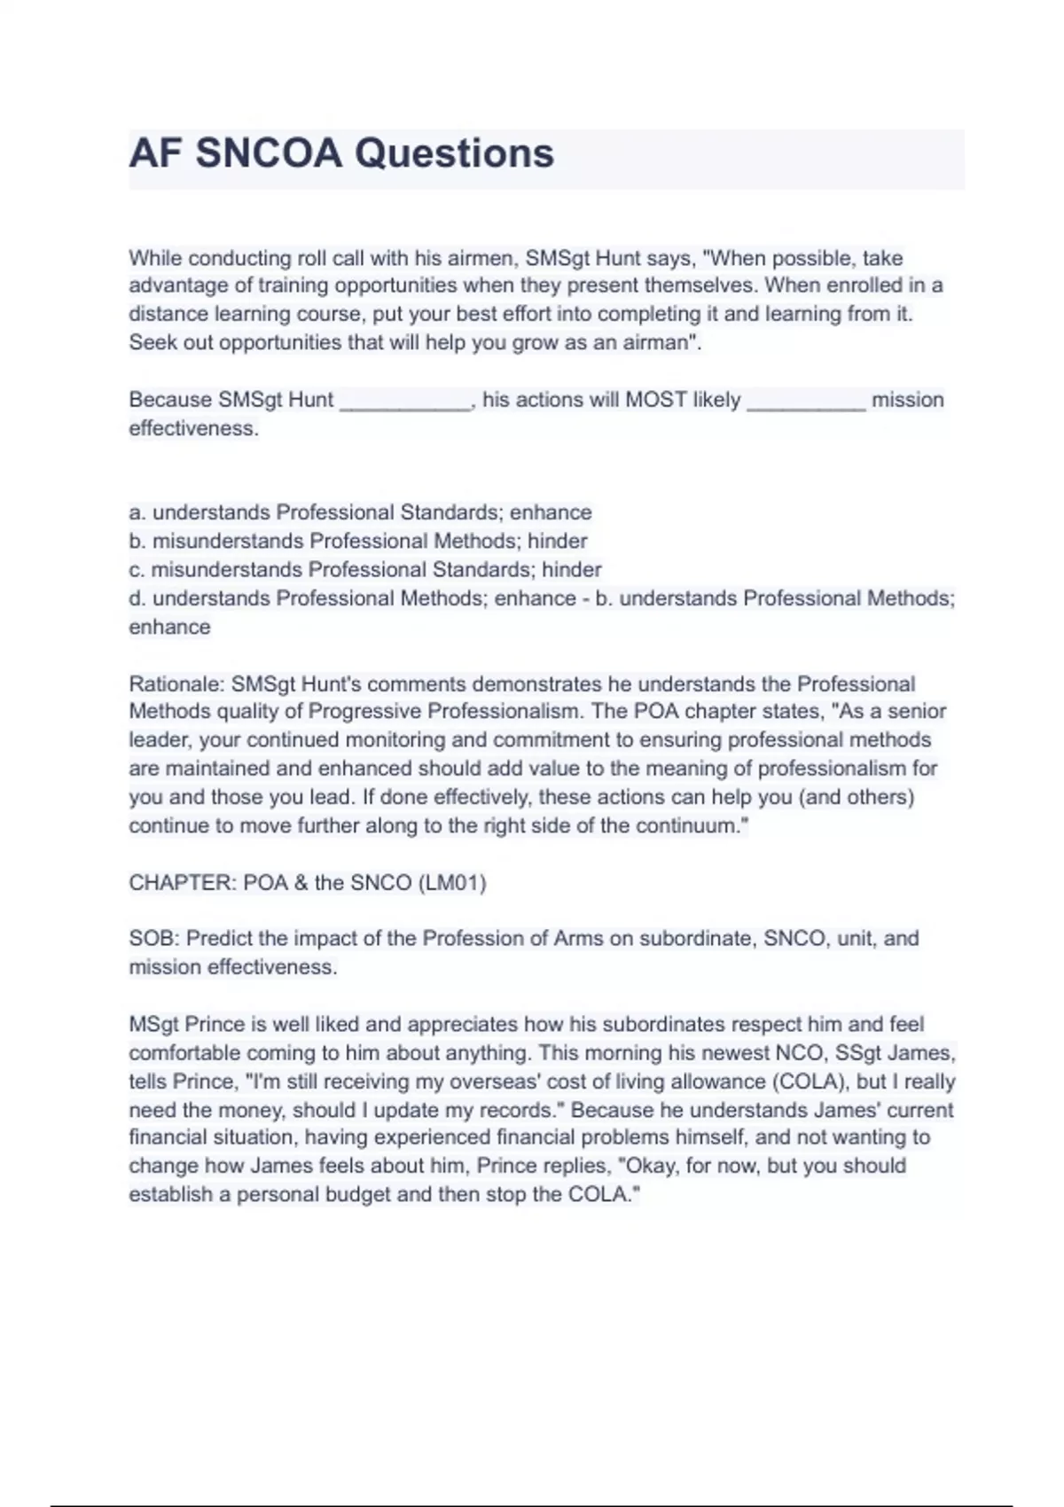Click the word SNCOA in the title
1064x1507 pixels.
tap(268, 153)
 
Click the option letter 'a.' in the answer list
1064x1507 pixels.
tap(137, 512)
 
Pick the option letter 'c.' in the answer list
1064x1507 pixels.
tap(137, 569)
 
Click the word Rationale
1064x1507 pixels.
tap(176, 683)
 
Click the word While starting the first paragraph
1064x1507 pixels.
tap(155, 258)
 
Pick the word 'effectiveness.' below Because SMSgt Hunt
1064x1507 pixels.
tap(193, 428)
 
